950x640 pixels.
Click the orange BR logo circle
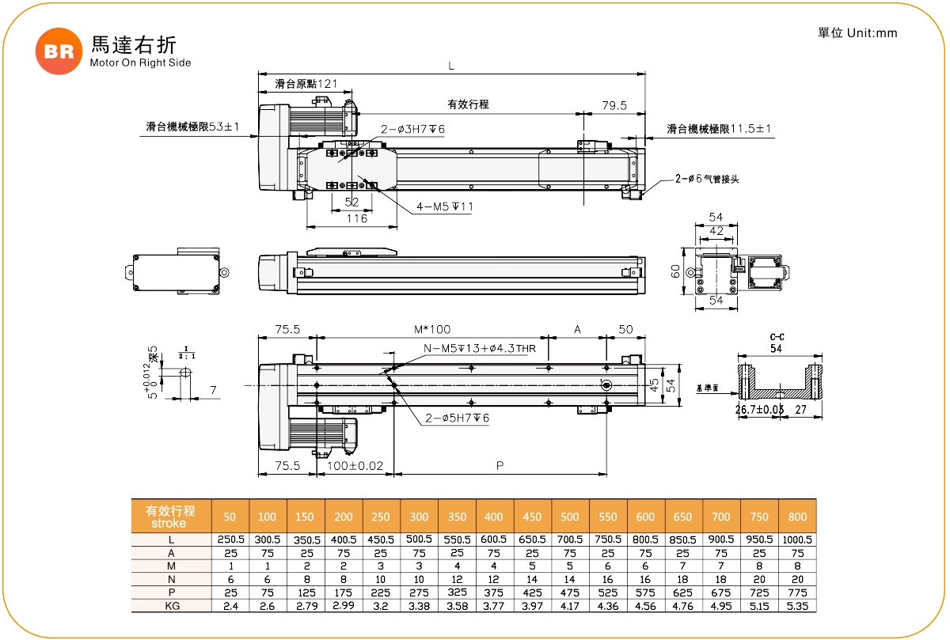(59, 51)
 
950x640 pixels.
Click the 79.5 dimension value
(614, 105)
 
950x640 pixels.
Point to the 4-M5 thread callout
(445, 208)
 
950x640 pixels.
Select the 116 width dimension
(356, 218)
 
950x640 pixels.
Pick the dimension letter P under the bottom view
(500, 466)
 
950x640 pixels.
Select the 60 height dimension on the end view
(675, 271)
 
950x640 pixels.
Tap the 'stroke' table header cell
(170, 523)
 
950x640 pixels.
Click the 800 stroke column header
(797, 517)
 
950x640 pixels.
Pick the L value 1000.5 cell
(797, 540)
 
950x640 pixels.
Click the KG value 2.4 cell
(230, 605)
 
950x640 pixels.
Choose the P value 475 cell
(570, 592)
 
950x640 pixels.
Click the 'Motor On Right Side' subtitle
(140, 62)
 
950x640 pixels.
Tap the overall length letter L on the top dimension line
(451, 66)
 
